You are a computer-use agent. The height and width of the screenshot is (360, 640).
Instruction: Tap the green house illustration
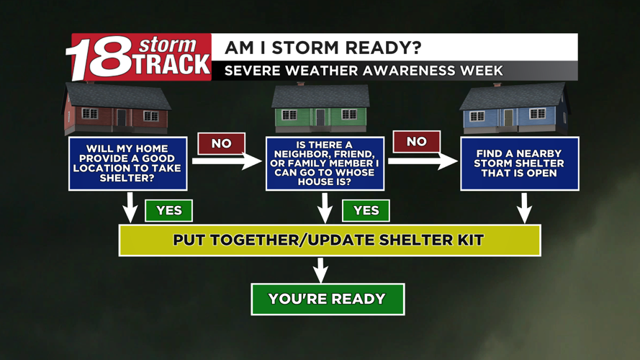point(320,108)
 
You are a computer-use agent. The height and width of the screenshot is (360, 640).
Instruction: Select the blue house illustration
point(513,108)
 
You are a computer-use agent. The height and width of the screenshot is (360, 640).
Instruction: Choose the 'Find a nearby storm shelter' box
point(520,163)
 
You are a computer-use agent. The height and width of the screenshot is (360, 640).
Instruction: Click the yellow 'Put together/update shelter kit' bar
point(330,240)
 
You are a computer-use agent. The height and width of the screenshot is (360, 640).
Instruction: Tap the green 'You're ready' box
point(328,299)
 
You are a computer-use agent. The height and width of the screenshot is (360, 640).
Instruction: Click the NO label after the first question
point(221,143)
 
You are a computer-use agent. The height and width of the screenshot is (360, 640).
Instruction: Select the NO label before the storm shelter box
point(417,142)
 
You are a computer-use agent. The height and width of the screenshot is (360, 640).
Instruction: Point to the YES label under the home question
point(169,211)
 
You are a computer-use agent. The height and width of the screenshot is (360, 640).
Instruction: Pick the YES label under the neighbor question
point(366,211)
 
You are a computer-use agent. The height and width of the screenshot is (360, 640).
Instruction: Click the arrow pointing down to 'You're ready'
point(320,269)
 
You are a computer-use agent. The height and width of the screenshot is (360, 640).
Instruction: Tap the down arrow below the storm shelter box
point(525,208)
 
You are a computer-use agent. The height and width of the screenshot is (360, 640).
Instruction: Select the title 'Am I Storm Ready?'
point(323,48)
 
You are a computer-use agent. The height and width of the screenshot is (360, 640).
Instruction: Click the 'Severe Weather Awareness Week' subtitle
point(364,71)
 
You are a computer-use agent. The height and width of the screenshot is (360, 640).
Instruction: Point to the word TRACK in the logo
point(171,65)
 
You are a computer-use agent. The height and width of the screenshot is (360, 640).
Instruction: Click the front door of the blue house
point(508,118)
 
